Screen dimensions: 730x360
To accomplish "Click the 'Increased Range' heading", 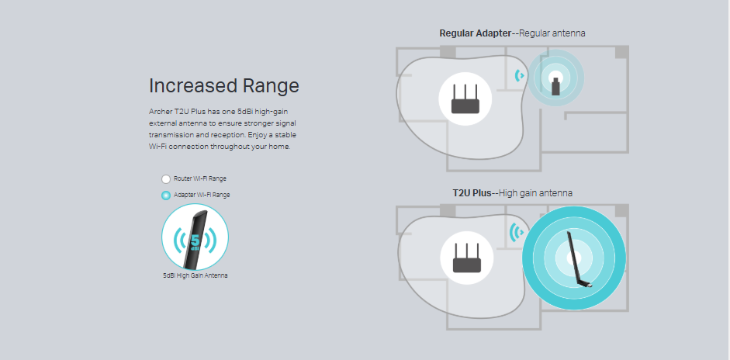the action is tap(224, 86).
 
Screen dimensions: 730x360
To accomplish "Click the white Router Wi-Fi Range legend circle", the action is tap(166, 179).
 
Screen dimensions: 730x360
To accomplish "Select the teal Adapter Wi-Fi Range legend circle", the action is tap(166, 196).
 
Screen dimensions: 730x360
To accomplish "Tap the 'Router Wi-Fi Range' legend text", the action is tap(199, 178).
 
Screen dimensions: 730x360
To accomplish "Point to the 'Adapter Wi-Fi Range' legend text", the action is tap(202, 196).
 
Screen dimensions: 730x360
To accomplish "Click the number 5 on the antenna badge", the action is tap(195, 241).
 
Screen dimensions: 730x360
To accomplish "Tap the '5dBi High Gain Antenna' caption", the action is tap(195, 275).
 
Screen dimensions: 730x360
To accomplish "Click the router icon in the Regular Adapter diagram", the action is tap(465, 99).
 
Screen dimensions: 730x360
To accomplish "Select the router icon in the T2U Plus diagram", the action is tap(467, 258).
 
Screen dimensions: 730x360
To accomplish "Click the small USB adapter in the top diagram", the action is tap(555, 87).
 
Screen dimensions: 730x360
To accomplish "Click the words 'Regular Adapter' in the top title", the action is tap(476, 33).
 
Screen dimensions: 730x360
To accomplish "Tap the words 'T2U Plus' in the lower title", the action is tap(472, 193).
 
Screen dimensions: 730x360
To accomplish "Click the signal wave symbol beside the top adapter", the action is tap(520, 75).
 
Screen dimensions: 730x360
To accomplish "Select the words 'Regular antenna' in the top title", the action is tap(552, 33).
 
